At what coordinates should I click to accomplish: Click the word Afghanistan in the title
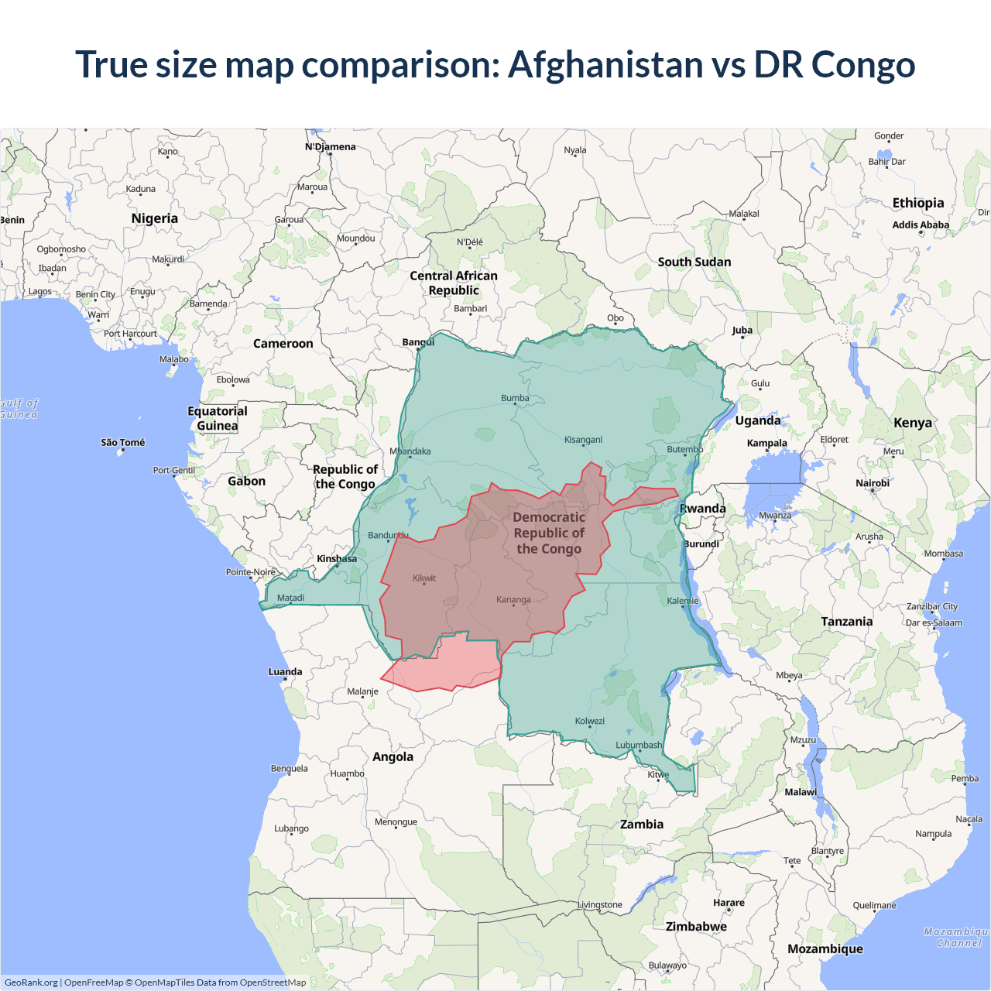point(605,64)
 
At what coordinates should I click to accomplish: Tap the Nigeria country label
point(155,218)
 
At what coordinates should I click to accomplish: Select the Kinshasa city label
point(337,558)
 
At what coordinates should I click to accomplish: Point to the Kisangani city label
point(583,440)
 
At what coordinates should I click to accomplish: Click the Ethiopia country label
point(918,203)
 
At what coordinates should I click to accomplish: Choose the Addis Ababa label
point(921,225)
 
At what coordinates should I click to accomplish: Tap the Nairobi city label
point(873,483)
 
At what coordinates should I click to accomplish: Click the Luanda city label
point(285,671)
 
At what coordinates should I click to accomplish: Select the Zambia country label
point(642,824)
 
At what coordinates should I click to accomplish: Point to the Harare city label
point(729,903)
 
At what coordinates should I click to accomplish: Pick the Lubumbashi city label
point(639,745)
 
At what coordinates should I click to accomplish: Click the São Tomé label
point(122,442)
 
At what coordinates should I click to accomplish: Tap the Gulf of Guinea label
point(19,409)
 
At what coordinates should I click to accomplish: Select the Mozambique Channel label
point(958,938)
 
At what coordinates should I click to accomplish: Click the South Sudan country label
point(694,262)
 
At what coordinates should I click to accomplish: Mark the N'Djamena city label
point(331,146)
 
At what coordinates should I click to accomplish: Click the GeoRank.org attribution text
point(31,982)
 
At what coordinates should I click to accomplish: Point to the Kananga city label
point(513,599)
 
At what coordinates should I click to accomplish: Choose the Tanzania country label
point(847,621)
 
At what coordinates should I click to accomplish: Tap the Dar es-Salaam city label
point(934,622)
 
